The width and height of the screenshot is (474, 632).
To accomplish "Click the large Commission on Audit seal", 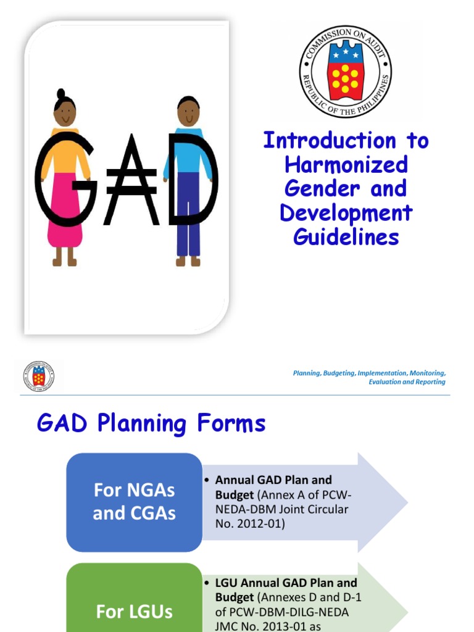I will [345, 72].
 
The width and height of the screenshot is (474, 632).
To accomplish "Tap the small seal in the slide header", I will [39, 376].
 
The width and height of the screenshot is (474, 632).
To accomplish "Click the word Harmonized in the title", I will [346, 165].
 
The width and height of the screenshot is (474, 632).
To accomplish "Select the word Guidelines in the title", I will [346, 237].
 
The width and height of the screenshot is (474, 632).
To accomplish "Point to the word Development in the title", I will [346, 213].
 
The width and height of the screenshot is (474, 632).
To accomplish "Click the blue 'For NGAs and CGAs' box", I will [134, 502].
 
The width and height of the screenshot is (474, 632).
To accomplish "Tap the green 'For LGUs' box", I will [134, 605].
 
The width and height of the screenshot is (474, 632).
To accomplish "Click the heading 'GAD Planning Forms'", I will [151, 423].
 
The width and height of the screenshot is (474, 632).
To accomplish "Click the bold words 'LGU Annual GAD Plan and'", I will [286, 583].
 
